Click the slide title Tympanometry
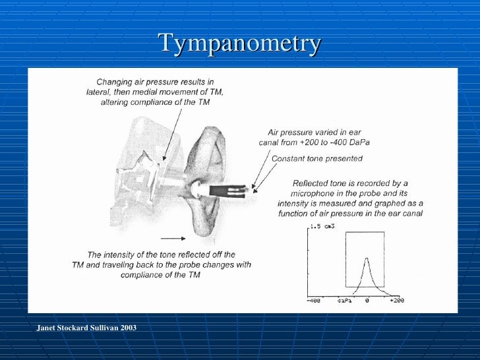239,44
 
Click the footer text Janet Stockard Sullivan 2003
86,327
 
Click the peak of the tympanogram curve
367,259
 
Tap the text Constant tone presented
317,158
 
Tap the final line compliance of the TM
160,275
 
